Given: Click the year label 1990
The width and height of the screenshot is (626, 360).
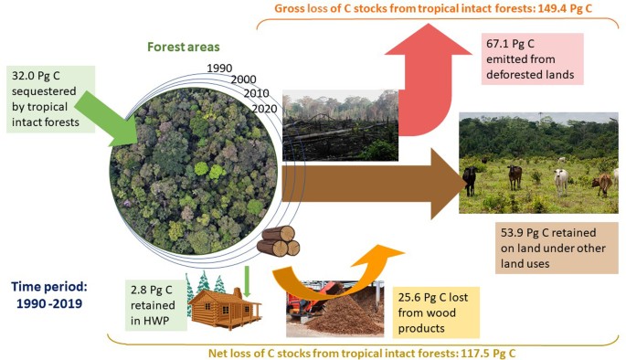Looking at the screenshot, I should (219, 69).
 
